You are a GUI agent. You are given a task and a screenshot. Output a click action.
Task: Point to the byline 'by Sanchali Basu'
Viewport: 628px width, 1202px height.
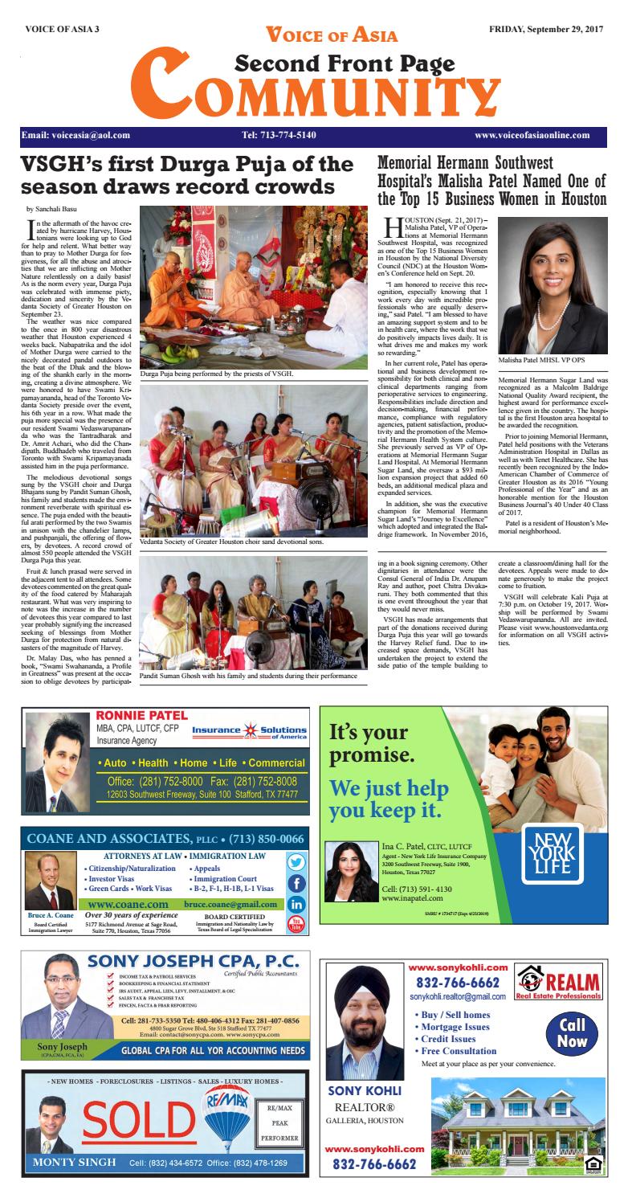tap(53, 209)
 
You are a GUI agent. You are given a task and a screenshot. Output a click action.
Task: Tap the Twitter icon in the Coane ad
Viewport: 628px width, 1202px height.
tap(296, 862)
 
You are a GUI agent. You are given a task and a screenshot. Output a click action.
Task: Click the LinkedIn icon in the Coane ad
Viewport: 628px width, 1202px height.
tap(296, 903)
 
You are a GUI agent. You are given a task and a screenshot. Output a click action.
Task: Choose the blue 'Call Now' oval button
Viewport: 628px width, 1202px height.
tap(573, 1033)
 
